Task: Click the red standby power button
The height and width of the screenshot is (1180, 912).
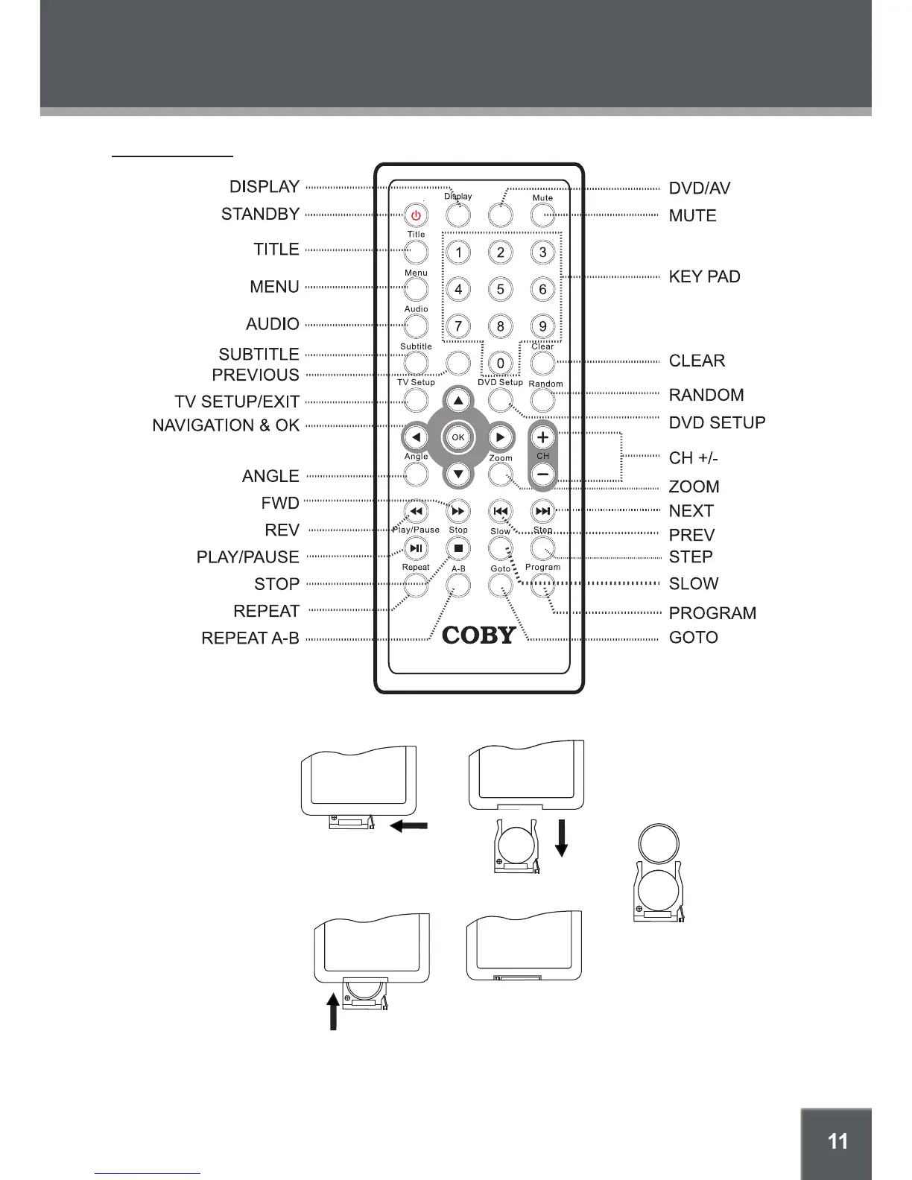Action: tap(416, 216)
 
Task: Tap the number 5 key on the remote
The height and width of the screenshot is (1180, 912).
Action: tap(501, 289)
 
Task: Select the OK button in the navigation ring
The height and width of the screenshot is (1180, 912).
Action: tap(458, 437)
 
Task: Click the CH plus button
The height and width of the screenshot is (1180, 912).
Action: tap(543, 438)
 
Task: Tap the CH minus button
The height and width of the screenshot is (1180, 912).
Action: tap(543, 475)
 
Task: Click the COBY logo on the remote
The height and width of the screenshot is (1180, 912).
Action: tap(479, 635)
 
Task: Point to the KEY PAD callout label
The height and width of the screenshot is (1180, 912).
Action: tap(704, 277)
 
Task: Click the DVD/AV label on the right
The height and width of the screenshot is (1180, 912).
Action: tap(699, 188)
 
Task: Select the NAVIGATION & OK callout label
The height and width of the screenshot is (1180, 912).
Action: tap(226, 425)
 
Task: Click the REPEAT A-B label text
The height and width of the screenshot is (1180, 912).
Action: tap(250, 638)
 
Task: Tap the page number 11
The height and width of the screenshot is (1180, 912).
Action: tap(837, 1141)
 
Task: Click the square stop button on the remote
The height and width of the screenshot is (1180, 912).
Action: tap(458, 549)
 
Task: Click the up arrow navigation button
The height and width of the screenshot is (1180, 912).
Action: tap(458, 401)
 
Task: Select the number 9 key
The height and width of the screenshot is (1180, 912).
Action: tap(543, 326)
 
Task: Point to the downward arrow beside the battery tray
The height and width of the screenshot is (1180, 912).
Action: tap(562, 837)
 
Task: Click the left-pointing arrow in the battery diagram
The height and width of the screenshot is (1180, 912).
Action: tap(409, 825)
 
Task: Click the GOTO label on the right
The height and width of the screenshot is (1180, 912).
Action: tap(693, 638)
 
